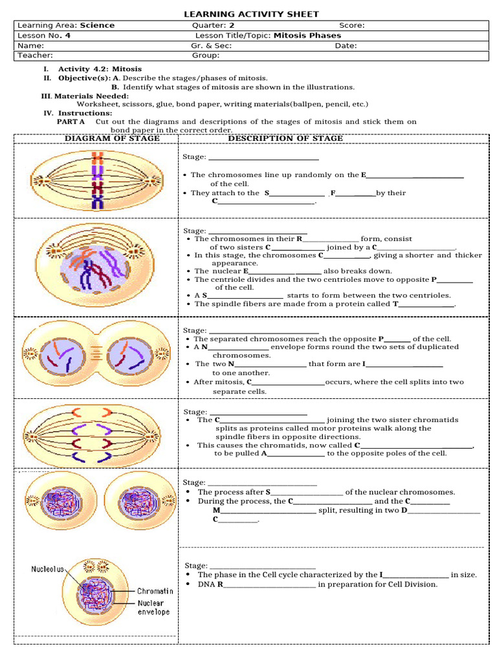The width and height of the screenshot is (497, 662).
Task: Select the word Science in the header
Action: (x=97, y=26)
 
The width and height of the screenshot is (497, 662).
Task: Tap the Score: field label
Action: (x=351, y=26)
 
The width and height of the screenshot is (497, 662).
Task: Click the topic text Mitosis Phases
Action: (x=307, y=36)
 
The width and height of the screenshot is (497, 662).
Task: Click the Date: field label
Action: (x=346, y=46)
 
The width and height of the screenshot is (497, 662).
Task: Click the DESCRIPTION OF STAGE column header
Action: (x=285, y=138)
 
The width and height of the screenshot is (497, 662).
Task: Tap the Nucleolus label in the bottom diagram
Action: (x=47, y=570)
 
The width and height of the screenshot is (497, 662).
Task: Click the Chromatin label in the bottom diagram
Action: (x=155, y=591)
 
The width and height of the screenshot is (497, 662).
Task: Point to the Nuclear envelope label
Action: (x=154, y=607)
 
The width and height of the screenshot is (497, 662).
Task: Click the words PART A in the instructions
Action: (x=71, y=122)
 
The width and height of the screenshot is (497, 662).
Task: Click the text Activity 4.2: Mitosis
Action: (x=100, y=69)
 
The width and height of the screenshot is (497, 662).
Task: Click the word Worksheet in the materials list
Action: (x=97, y=103)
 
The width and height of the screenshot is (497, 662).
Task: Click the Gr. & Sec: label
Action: (x=211, y=46)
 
